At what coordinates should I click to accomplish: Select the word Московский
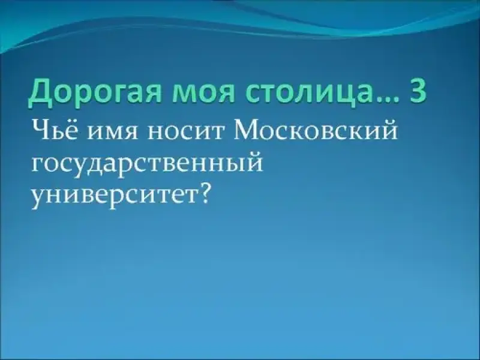[x=316, y=131]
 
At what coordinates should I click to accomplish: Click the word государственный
[x=147, y=164]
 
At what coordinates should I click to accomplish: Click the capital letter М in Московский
[x=248, y=131]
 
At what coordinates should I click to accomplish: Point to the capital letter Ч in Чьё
[x=40, y=131]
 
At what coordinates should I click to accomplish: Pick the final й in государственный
[x=254, y=161]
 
